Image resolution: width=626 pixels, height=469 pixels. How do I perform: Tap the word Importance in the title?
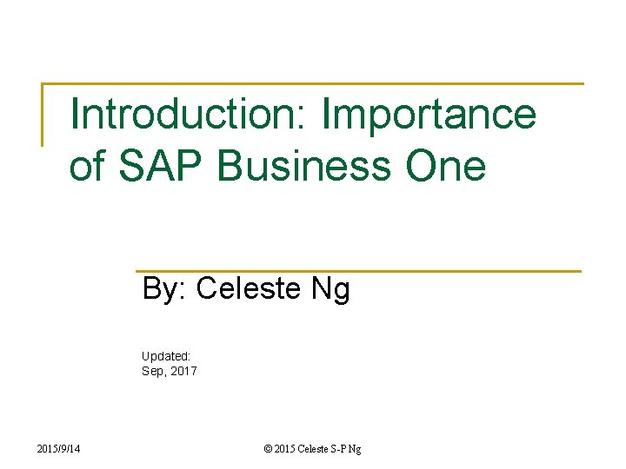(429, 115)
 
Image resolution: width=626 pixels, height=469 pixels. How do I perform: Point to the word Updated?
(166, 355)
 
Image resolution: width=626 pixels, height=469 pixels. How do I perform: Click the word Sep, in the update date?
(154, 371)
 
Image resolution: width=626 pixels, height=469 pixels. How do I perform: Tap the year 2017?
(183, 371)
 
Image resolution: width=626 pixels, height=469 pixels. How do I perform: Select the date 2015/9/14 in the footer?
(62, 448)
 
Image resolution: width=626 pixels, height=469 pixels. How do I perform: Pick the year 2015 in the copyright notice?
(284, 448)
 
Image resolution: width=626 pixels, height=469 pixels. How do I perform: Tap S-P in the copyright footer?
(343, 448)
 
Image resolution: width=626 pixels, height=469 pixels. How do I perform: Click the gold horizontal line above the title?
(313, 84)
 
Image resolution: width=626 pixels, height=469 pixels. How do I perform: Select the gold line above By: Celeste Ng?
(356, 271)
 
